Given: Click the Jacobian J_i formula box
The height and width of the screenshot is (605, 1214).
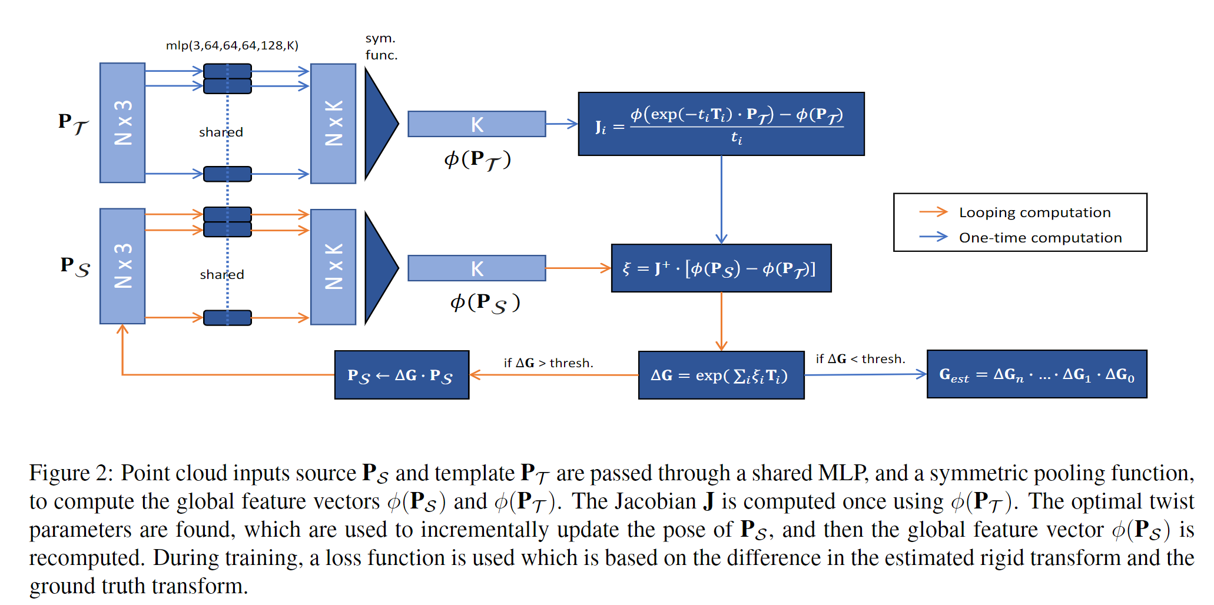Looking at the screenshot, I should [x=721, y=124].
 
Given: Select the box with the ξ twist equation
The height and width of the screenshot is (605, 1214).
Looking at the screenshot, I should [x=721, y=268].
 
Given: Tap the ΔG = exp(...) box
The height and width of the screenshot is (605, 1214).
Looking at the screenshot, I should [x=721, y=375].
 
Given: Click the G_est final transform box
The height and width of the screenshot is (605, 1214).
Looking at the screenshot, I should [x=1036, y=374].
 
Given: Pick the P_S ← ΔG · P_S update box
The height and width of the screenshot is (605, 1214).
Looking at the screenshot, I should [x=402, y=375].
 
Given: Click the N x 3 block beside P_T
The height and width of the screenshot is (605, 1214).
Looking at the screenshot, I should [x=122, y=122].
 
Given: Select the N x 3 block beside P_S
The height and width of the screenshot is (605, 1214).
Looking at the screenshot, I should [x=122, y=266].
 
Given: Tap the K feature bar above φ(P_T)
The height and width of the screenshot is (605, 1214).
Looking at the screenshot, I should [x=476, y=124].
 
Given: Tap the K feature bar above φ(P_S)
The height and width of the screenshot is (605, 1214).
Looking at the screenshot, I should [x=476, y=268].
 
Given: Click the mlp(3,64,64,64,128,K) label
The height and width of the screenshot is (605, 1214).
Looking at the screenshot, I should [x=232, y=45].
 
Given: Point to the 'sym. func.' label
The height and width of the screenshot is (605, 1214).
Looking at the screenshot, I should [x=381, y=46].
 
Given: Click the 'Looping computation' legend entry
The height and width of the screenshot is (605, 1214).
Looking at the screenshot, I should [x=1034, y=212].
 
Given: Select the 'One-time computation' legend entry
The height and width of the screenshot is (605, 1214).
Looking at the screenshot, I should [x=1040, y=238].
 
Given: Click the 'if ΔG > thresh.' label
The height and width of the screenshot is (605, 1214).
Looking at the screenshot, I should [x=548, y=363].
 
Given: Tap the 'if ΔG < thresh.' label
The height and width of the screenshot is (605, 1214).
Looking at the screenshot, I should [x=860, y=359].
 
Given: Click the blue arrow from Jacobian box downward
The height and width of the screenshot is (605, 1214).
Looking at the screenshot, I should [x=721, y=200].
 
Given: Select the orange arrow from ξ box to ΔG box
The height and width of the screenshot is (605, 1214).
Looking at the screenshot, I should [x=721, y=321].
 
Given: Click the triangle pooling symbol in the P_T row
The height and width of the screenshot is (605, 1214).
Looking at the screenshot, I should [x=379, y=124].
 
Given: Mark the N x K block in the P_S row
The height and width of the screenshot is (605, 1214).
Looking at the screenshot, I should [x=333, y=267].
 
